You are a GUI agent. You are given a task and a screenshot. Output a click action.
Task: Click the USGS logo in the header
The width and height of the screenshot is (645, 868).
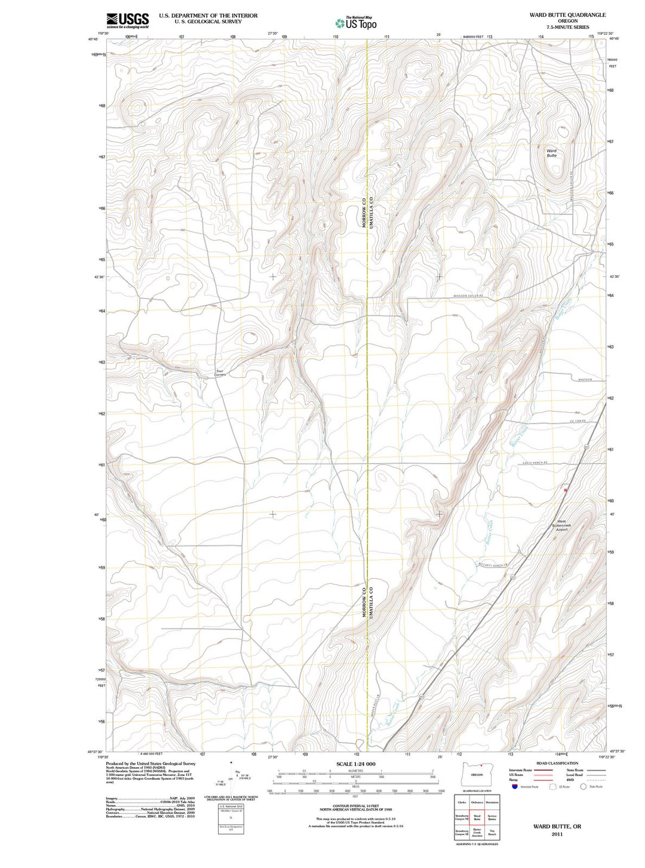127,21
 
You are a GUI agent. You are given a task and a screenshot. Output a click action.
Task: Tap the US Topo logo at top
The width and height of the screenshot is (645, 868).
356,23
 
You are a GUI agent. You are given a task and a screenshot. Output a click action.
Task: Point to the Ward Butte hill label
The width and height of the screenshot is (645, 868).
551,153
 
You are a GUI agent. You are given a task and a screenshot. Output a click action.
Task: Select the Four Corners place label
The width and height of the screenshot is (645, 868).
220,373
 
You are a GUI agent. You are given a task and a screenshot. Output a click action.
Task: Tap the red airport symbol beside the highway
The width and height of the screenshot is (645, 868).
565,489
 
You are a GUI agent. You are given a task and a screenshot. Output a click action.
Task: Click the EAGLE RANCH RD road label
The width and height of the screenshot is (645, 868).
535,464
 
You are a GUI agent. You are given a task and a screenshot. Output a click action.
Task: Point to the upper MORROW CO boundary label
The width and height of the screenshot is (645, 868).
363,212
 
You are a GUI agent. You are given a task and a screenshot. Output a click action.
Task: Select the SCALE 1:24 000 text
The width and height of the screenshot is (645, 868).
356,764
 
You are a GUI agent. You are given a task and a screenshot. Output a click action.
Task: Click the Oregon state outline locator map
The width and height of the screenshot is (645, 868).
477,773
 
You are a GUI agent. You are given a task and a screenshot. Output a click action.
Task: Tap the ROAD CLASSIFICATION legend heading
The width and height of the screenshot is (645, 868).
557,763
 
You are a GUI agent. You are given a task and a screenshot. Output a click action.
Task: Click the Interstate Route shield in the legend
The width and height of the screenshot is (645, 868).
514,786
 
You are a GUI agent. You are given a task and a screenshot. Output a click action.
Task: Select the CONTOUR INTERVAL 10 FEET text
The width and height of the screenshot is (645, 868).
356,805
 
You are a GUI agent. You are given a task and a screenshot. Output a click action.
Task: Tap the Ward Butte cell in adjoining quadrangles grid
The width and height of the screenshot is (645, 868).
477,817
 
